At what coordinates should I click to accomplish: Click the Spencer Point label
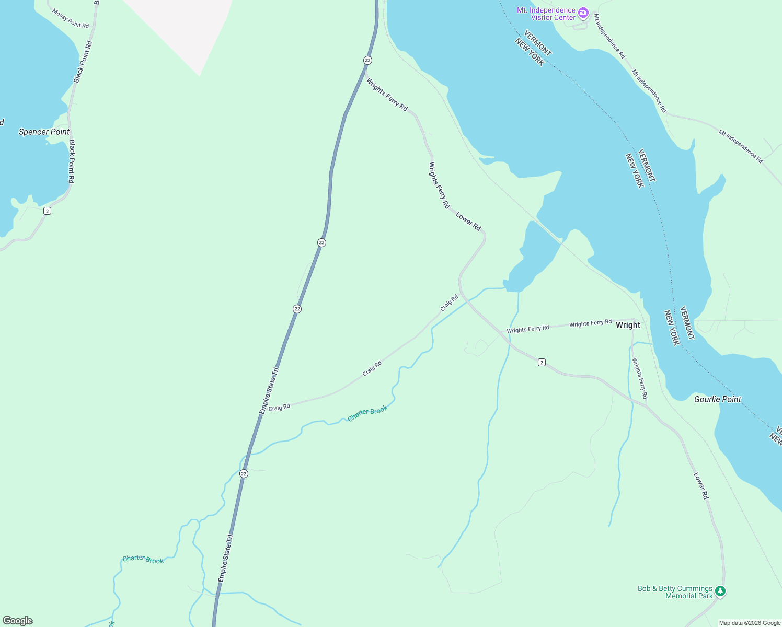coord(44,132)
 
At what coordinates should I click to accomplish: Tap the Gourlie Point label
coord(717,399)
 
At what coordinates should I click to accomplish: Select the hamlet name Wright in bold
coord(628,325)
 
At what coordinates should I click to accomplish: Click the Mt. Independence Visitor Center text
coord(546,14)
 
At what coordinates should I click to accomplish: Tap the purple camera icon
coord(583,13)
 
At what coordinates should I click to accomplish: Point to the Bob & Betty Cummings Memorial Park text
coord(675,592)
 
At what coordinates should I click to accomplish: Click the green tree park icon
coord(720,591)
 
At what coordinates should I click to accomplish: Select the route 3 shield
coord(48,211)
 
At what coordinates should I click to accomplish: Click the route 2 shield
coord(542,362)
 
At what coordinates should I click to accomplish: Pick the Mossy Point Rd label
coord(70,18)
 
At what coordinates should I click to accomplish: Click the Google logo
coord(18,621)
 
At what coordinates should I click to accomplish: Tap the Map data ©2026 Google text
coord(750,623)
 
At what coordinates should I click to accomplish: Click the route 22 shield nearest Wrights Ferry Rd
coord(367,60)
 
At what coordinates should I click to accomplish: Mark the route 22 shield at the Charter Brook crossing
coord(244,473)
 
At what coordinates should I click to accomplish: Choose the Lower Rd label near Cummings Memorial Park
coord(700,485)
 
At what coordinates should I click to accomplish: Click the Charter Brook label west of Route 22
coord(143,560)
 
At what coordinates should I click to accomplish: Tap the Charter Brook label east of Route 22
coord(367,413)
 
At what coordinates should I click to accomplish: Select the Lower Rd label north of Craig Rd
coord(468,221)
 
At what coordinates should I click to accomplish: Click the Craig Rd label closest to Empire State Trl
coord(279,407)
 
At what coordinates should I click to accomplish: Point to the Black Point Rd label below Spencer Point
coord(72,161)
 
